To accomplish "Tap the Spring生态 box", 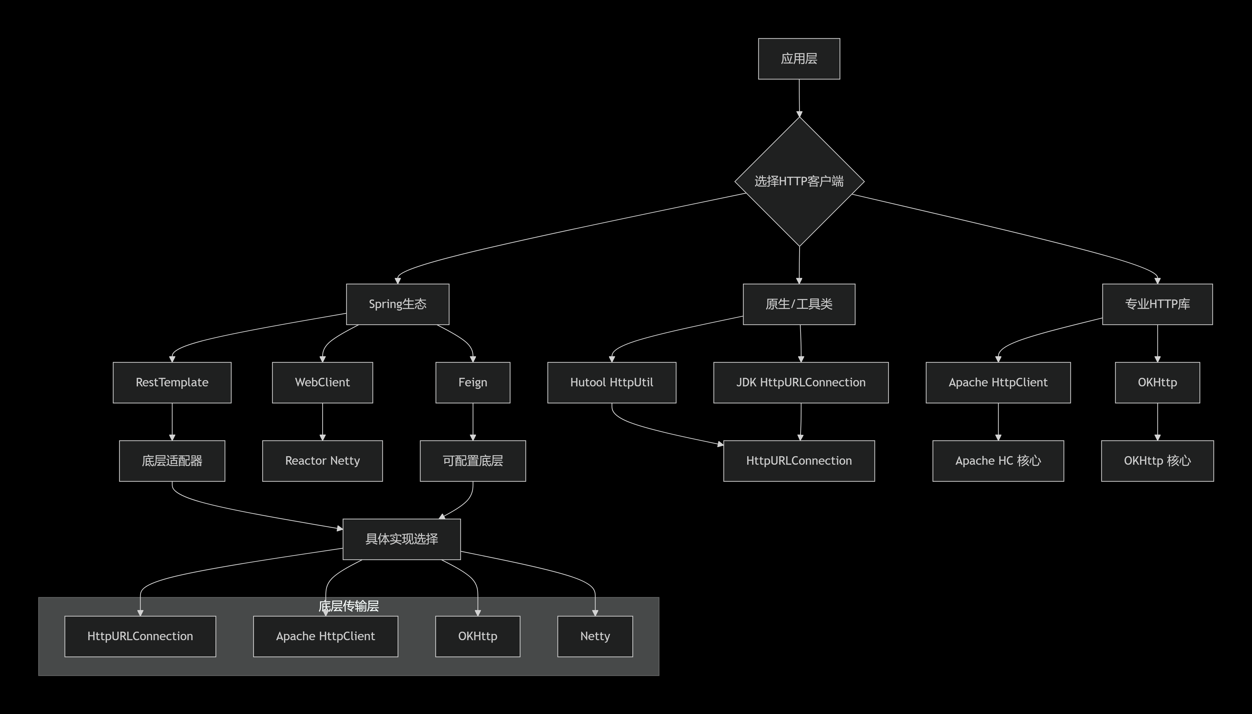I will click(x=397, y=304).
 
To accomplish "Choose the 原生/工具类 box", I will click(x=799, y=304).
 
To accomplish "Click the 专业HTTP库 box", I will click(x=1157, y=304).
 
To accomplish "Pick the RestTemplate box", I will click(x=172, y=383).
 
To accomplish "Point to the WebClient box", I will click(x=322, y=383).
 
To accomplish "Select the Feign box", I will click(x=472, y=383).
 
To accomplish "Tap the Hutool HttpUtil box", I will click(x=611, y=383).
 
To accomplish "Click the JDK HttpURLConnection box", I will click(x=801, y=383).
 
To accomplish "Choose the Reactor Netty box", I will click(x=322, y=461).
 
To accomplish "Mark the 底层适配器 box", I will click(x=172, y=461).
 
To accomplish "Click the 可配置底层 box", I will click(x=472, y=461).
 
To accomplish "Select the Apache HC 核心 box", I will click(x=998, y=461).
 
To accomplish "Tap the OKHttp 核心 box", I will click(x=1157, y=461).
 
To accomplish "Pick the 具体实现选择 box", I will click(x=401, y=539).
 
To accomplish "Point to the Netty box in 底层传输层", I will click(x=594, y=636).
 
